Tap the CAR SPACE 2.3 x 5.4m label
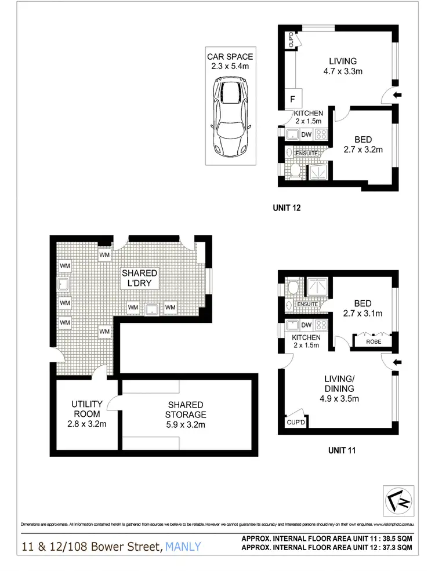[x=230, y=61]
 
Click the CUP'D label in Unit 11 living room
[x=296, y=423]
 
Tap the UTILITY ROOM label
[x=87, y=409]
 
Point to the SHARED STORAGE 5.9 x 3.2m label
[x=186, y=414]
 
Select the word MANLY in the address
[x=183, y=546]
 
